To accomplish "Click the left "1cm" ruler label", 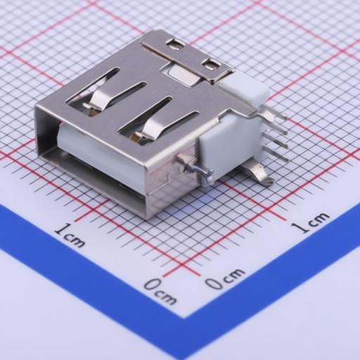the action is point(70,235).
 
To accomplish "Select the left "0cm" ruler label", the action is point(160,291).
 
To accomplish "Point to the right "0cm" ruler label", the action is point(225,278).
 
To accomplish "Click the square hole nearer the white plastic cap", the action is point(210,65).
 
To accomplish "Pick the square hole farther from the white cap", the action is point(174,44).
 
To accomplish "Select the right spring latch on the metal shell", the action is point(150,128).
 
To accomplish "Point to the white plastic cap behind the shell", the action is point(245,89).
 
